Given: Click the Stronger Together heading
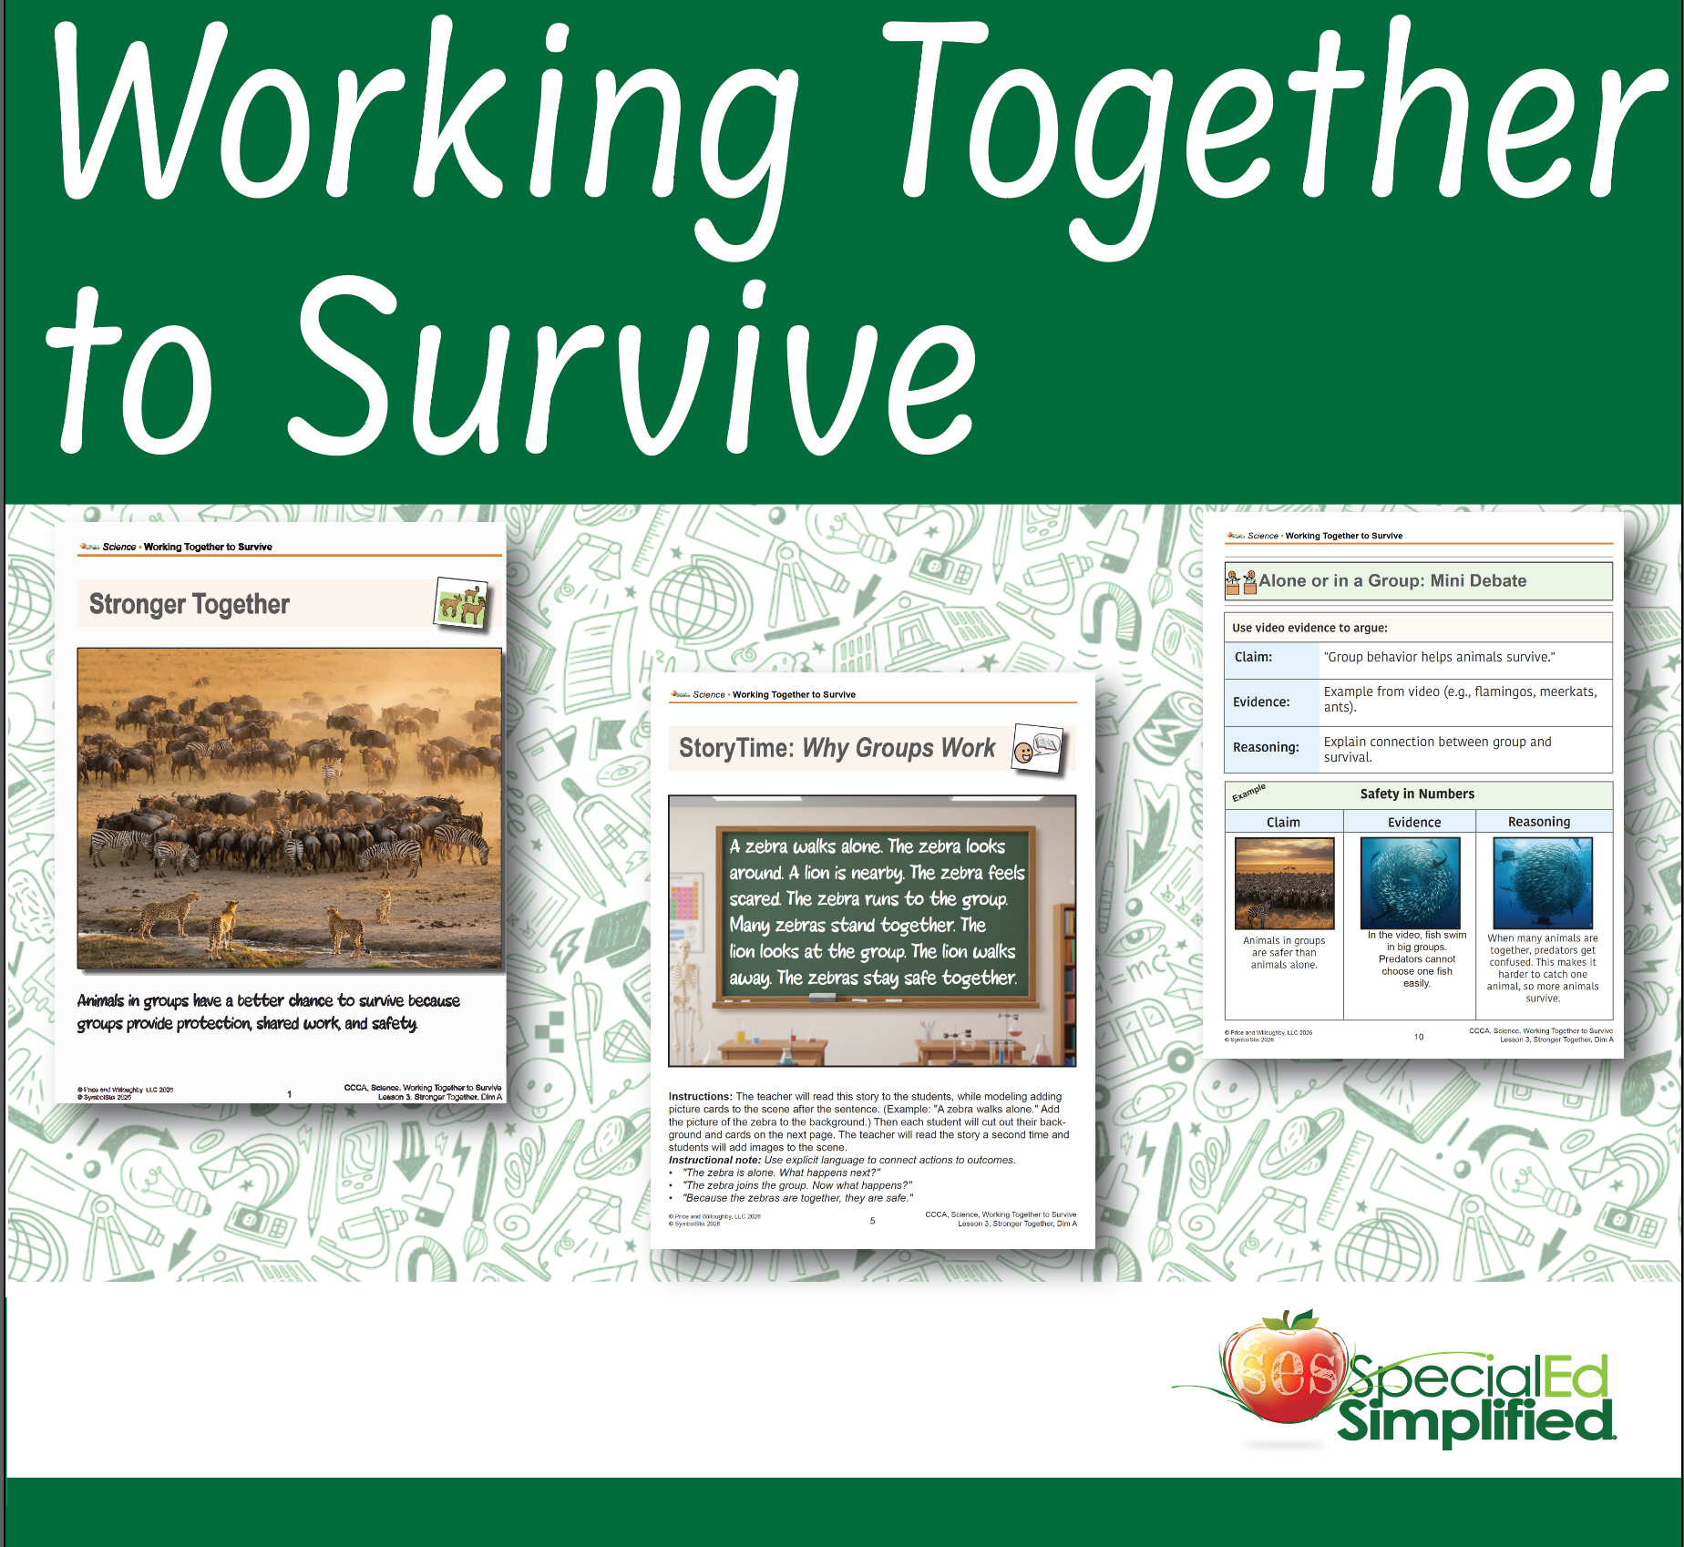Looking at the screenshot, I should click(x=189, y=604).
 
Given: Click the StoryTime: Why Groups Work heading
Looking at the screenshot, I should click(x=837, y=748).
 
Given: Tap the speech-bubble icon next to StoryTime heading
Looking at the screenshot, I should click(x=1038, y=749).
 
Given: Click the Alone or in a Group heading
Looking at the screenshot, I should click(x=1391, y=581).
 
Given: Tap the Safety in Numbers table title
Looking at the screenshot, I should click(x=1416, y=794).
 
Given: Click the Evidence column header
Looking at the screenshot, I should click(x=1413, y=822).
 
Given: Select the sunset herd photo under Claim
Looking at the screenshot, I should click(x=1284, y=883).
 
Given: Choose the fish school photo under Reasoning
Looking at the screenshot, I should click(x=1542, y=882).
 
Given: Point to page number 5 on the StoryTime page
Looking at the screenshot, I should click(x=872, y=1221).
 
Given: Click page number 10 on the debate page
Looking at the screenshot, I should click(x=1418, y=1037).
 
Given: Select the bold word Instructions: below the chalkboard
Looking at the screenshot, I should click(x=700, y=1097).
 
